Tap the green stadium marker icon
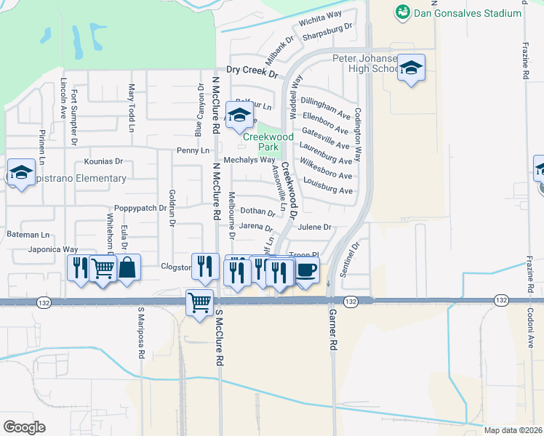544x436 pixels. click(x=402, y=12)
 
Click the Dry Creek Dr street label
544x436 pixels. click(x=252, y=70)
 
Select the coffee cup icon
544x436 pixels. click(x=306, y=270)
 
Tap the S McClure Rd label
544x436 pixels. click(x=219, y=338)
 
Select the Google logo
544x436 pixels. click(x=24, y=427)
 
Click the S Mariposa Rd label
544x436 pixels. click(x=142, y=338)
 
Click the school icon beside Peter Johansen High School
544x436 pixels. click(x=412, y=68)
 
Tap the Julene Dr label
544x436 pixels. click(x=314, y=227)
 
